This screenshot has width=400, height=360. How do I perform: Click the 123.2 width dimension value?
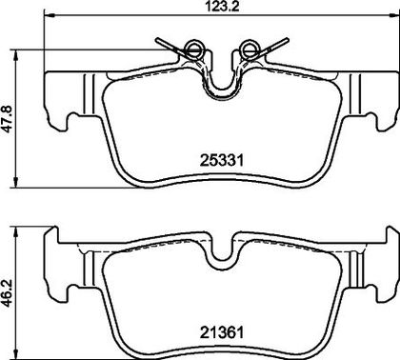pyautogui.click(x=222, y=6)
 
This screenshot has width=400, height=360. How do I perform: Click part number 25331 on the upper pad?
pyautogui.click(x=222, y=160)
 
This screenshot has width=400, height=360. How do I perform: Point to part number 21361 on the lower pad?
pyautogui.click(x=222, y=332)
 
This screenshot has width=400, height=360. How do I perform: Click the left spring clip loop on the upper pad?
pyautogui.click(x=193, y=49)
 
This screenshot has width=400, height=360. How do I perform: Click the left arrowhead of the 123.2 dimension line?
pyautogui.click(x=48, y=14)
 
